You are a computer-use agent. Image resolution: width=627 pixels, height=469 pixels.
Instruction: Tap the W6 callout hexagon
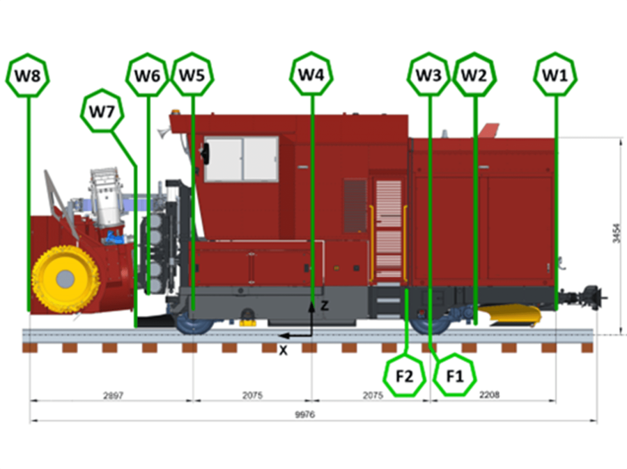point(148,74)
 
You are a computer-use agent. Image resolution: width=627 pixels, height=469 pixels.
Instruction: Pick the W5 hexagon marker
point(192,74)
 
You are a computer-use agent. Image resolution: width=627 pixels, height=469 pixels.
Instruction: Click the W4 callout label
point(311,74)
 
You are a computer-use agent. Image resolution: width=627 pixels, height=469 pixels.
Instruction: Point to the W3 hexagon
point(429,74)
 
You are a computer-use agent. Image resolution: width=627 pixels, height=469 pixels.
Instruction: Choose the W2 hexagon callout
point(474,74)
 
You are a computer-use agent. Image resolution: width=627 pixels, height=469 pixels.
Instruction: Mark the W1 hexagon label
point(555,74)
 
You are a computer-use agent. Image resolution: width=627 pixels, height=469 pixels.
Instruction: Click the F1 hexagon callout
point(454,376)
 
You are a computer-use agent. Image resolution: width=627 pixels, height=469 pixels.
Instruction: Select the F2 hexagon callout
point(405,376)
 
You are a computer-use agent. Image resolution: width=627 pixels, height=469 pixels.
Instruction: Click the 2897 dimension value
point(112,395)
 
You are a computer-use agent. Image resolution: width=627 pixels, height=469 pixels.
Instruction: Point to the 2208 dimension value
point(490,395)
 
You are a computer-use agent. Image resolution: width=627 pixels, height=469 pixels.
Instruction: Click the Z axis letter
point(324,305)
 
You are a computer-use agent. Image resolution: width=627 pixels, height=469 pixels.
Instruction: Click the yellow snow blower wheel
point(64,279)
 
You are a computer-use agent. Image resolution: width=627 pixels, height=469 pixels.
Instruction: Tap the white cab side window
point(241,159)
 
